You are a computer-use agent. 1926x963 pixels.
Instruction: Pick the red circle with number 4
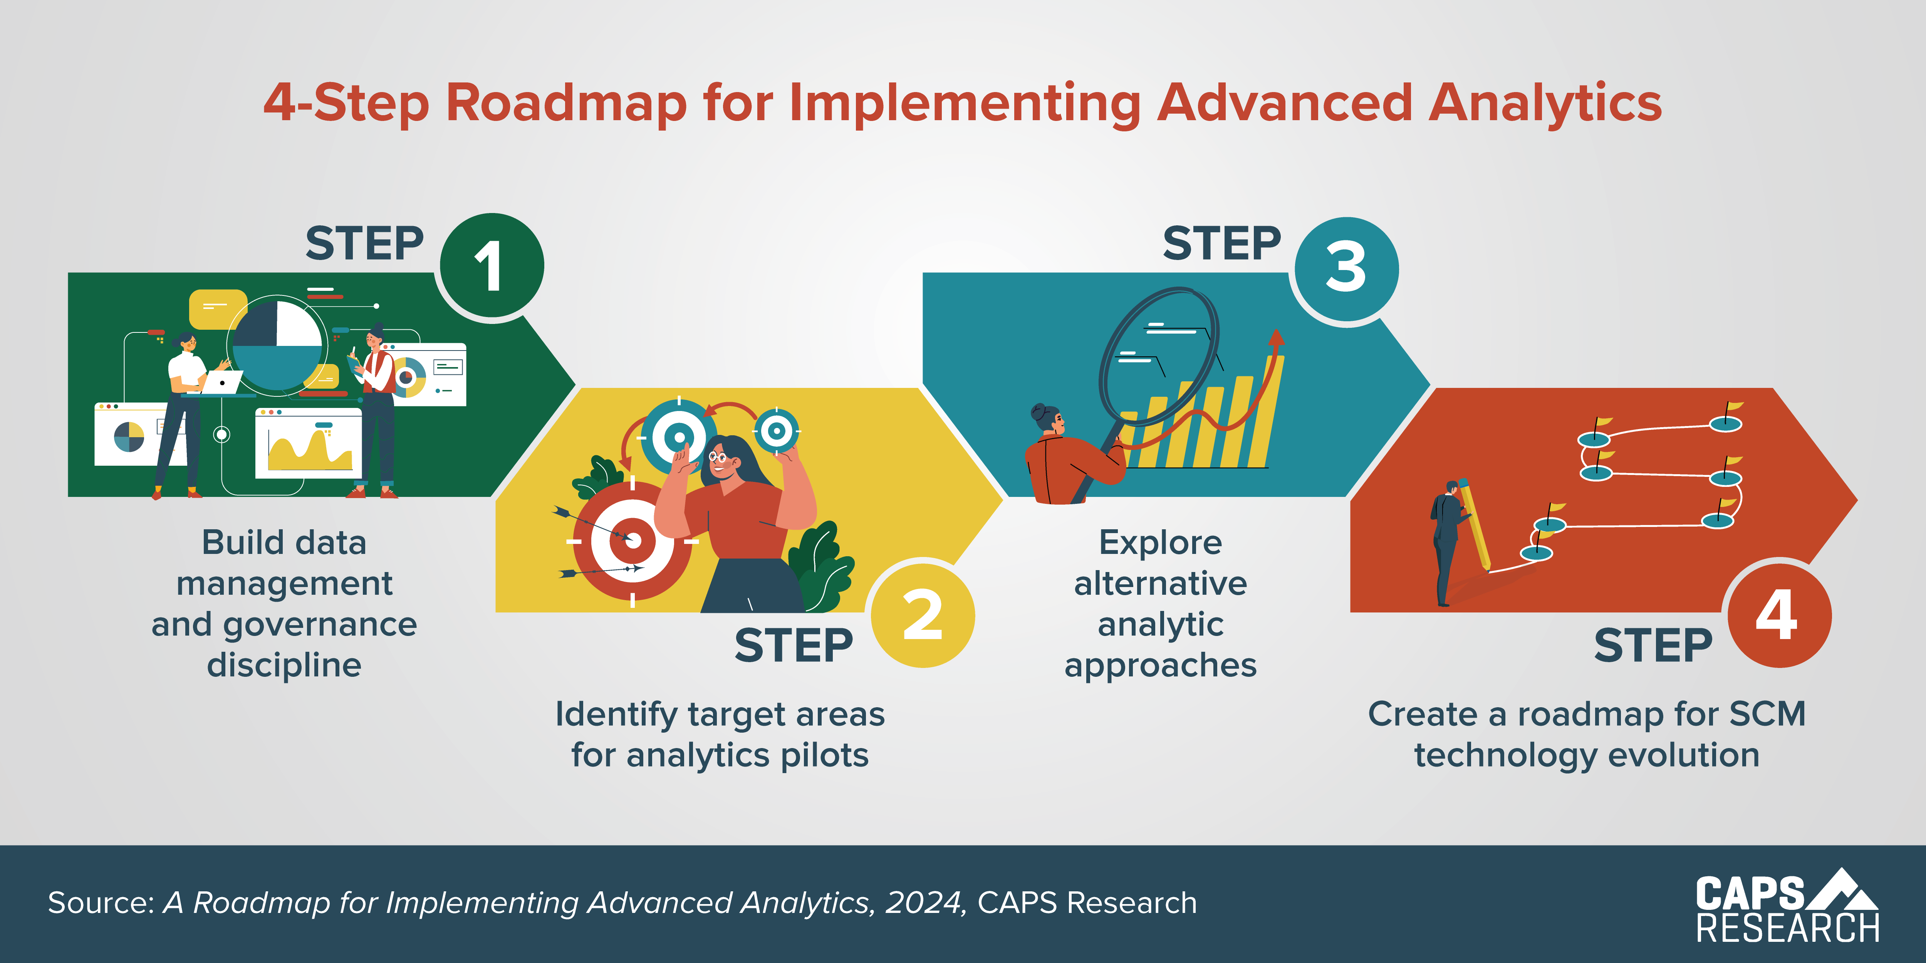click(x=1778, y=614)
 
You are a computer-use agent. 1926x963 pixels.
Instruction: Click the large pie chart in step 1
click(x=277, y=344)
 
